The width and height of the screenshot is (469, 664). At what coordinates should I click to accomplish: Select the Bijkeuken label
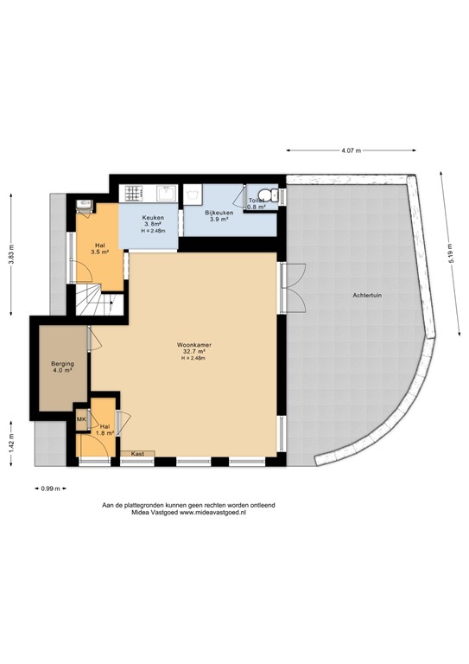[x=219, y=211]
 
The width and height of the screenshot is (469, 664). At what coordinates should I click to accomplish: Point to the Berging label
[x=62, y=364]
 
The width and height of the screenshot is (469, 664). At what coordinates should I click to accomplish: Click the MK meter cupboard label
[x=81, y=420]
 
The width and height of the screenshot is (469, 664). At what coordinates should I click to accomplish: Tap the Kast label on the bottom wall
[x=137, y=453]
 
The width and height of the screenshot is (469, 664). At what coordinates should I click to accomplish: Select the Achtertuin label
[x=367, y=295]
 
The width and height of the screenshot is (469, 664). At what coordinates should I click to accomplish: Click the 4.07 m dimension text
[x=350, y=150]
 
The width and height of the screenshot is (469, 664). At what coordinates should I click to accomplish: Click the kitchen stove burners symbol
[x=134, y=193]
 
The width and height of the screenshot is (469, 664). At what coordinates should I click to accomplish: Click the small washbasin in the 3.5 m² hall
[x=83, y=205]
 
